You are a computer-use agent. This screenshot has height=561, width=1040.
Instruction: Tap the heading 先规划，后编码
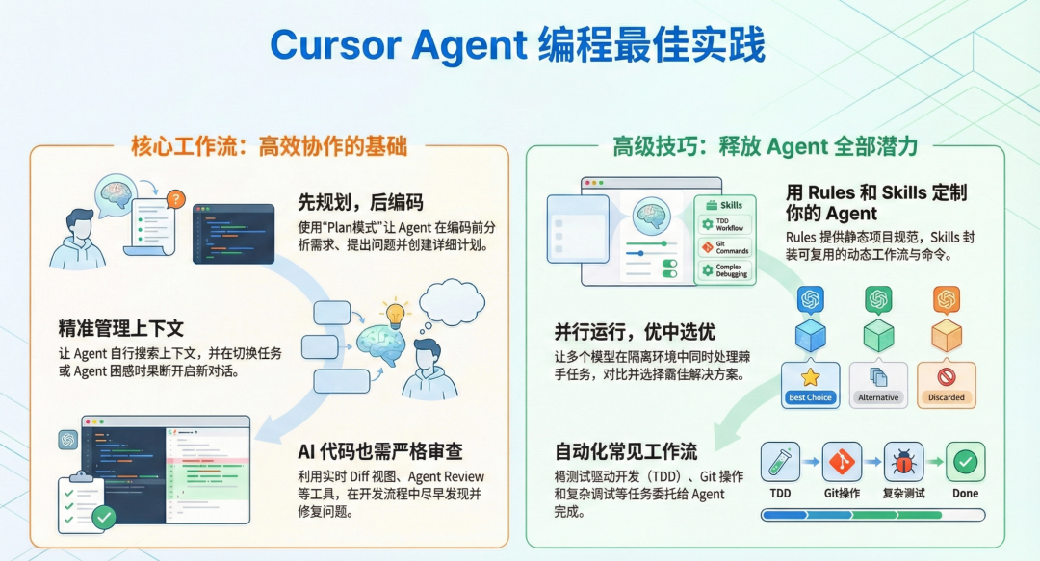click(361, 202)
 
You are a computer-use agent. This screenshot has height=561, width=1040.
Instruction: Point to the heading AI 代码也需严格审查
click(380, 451)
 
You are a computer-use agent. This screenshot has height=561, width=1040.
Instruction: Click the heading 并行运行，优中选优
click(635, 332)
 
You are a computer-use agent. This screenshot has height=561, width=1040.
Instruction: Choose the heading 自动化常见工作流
click(626, 451)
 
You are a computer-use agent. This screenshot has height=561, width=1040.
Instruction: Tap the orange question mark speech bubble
click(174, 199)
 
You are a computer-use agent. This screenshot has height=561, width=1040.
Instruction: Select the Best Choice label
click(810, 397)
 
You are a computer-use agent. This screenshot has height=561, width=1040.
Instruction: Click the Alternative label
click(877, 397)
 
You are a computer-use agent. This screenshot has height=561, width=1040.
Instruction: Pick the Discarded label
click(946, 397)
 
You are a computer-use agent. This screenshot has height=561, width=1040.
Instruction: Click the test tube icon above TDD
click(780, 462)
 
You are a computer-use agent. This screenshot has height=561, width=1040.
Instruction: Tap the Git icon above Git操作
click(842, 462)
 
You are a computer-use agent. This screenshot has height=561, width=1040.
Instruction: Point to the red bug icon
click(903, 462)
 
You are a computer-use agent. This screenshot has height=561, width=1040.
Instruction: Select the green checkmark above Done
click(965, 462)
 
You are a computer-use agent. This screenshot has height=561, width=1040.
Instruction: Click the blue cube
click(810, 335)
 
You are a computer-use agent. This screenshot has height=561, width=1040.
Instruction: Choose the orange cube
click(946, 335)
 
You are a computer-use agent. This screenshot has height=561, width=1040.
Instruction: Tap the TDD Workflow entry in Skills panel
click(724, 225)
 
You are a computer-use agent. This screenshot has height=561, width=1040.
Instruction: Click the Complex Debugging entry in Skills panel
click(724, 269)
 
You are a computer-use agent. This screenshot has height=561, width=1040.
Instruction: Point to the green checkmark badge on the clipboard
click(103, 518)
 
